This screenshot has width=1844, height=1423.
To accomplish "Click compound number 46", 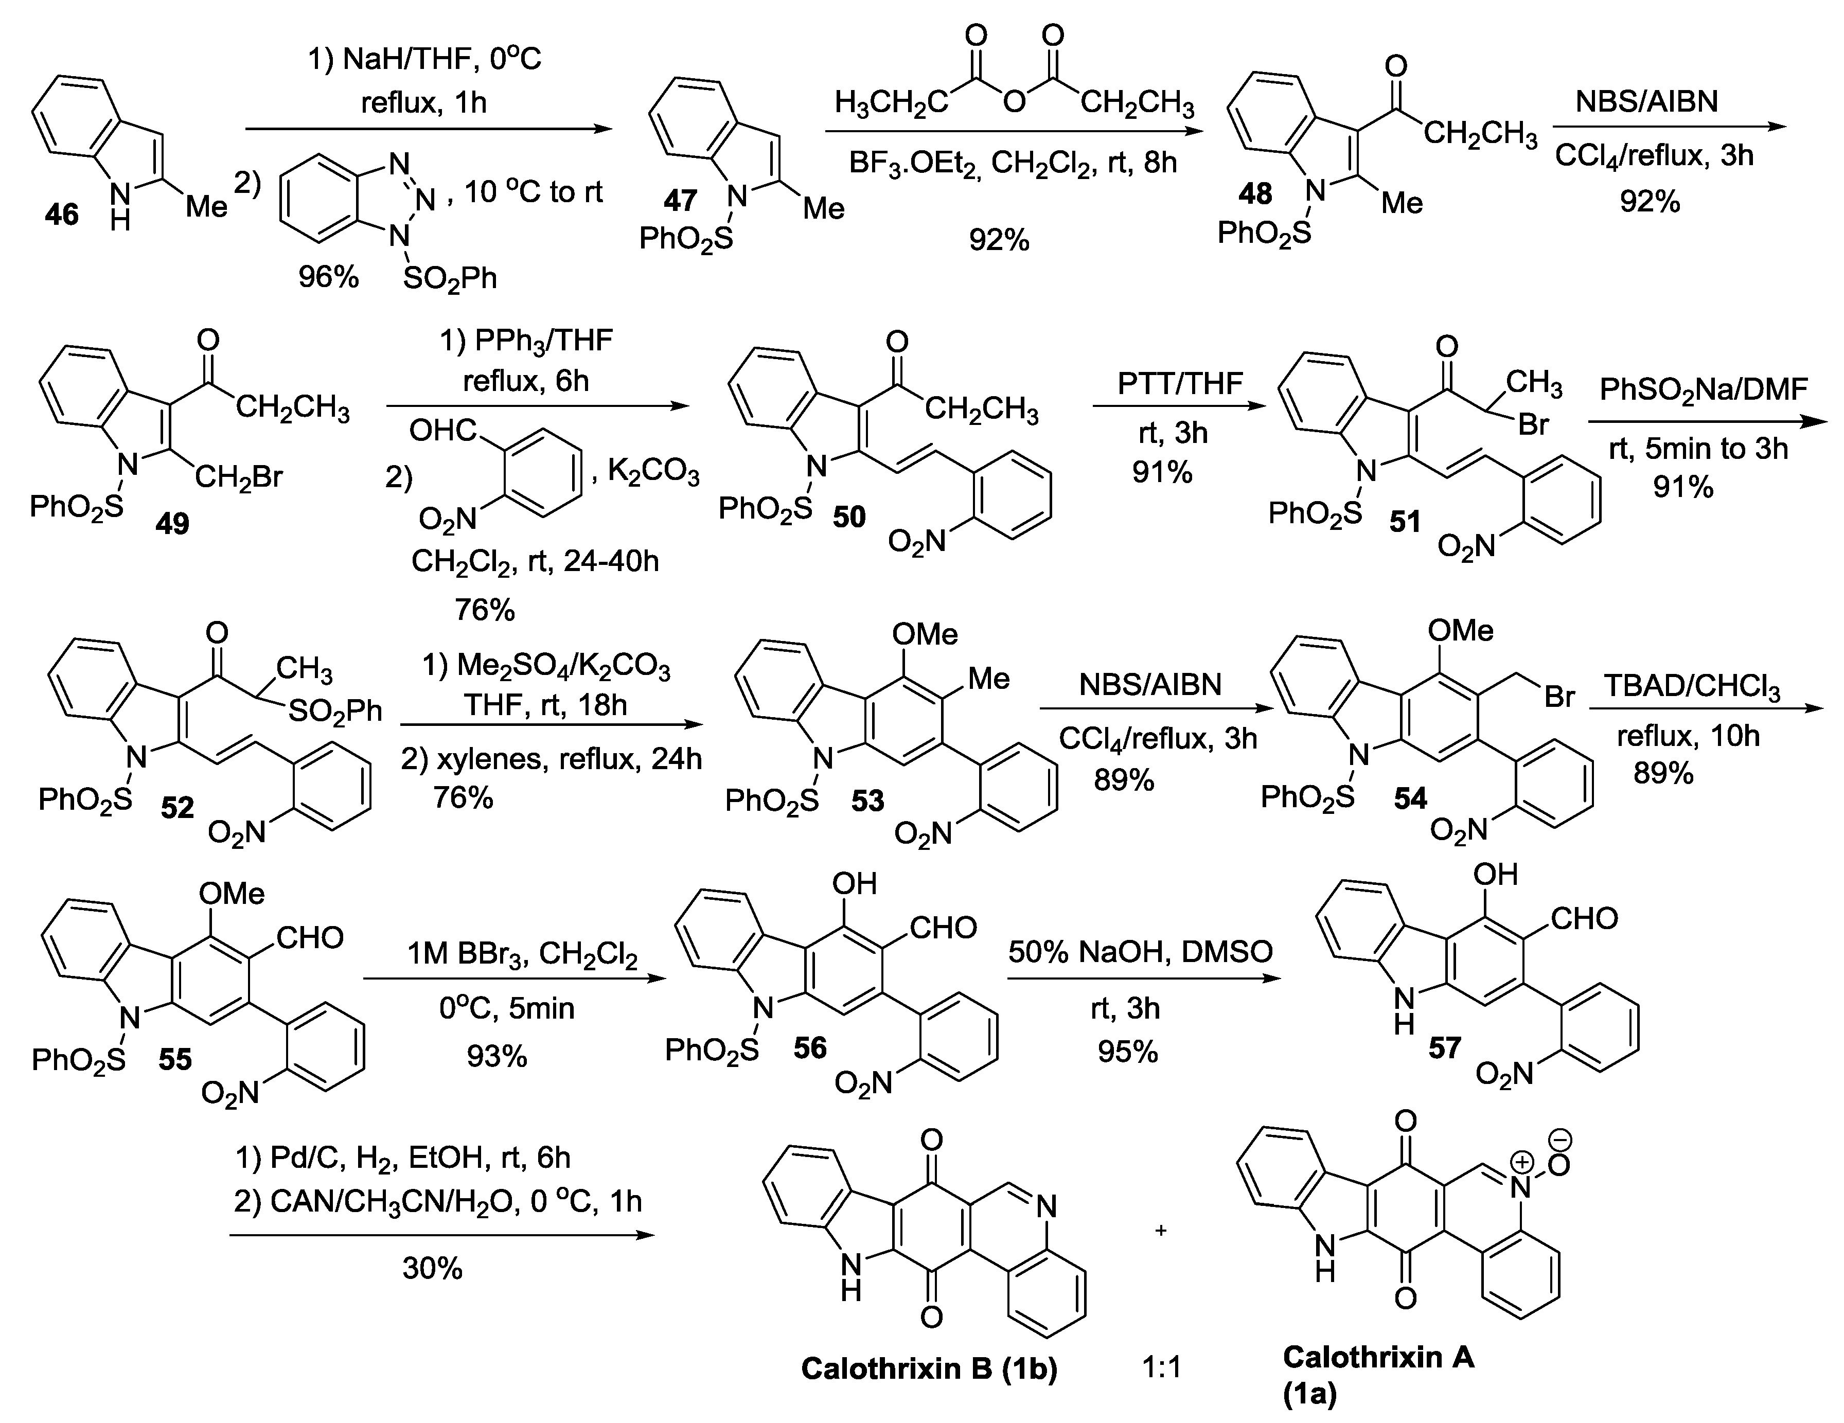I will pos(62,215).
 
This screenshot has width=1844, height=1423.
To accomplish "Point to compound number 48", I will pos(1255,194).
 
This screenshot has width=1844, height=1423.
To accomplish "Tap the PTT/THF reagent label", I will pos(1180,384).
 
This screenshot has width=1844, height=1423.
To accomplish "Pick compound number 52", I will pos(178,808).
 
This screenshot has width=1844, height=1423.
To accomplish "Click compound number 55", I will pos(175,1059).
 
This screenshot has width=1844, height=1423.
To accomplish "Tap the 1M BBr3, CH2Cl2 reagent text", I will pos(522,954).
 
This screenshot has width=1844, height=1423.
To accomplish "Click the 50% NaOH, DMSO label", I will pos(1140,951).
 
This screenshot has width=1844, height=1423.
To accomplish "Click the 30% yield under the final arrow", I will pos(432,1268).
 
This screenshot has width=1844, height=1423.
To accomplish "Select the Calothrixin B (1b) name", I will pos(929,1368).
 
